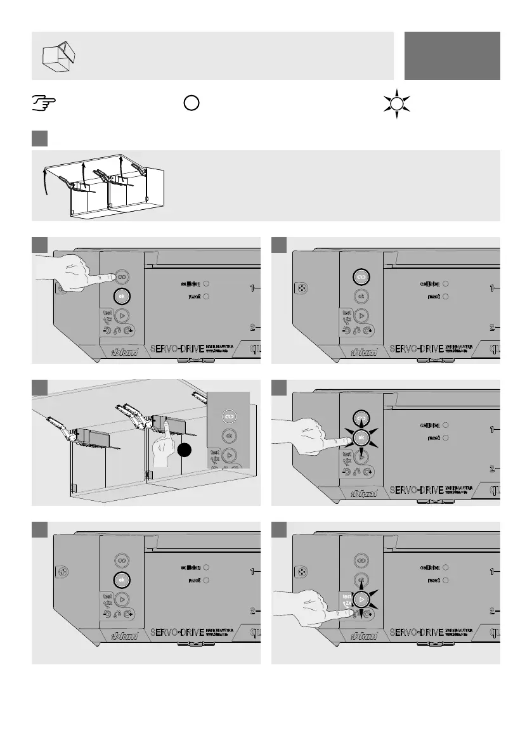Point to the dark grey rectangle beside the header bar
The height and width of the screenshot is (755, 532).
pyautogui.click(x=452, y=56)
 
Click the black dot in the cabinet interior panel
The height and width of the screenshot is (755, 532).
pyautogui.click(x=184, y=451)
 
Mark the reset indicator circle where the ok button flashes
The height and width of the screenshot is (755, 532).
pyautogui.click(x=446, y=438)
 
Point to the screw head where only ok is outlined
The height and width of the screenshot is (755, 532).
pyautogui.click(x=62, y=572)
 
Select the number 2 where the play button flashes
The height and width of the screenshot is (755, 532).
pyautogui.click(x=491, y=611)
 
